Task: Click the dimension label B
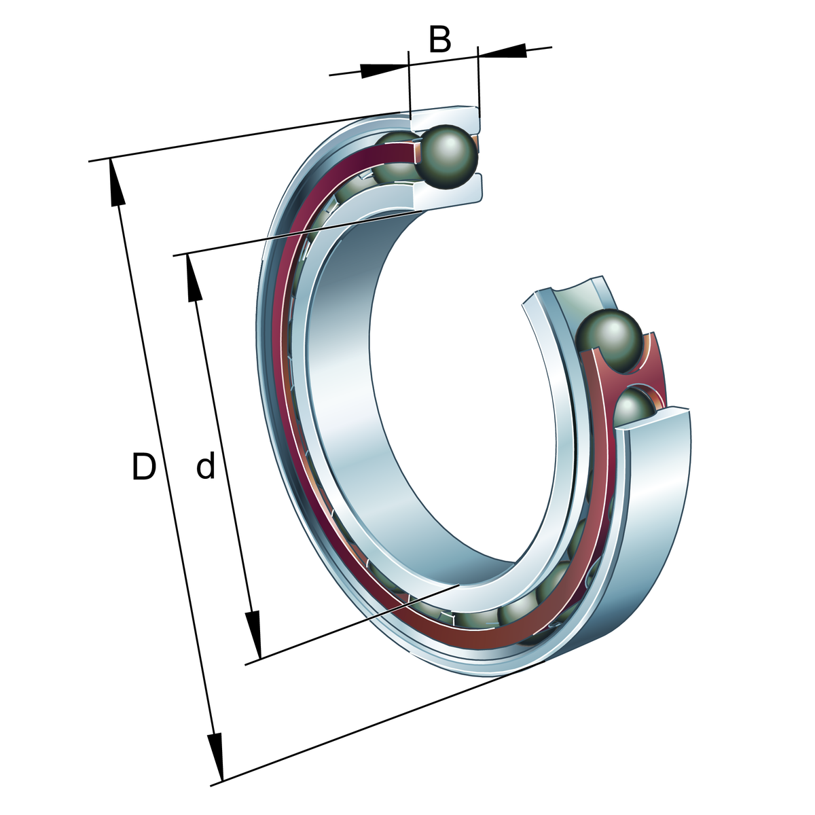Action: pyautogui.click(x=440, y=40)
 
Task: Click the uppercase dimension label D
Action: pyautogui.click(x=144, y=467)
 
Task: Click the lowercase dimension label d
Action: pyautogui.click(x=206, y=466)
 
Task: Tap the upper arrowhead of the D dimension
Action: pyautogui.click(x=117, y=182)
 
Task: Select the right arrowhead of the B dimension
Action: pyautogui.click(x=503, y=51)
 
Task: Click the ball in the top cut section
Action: pyautogui.click(x=446, y=156)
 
